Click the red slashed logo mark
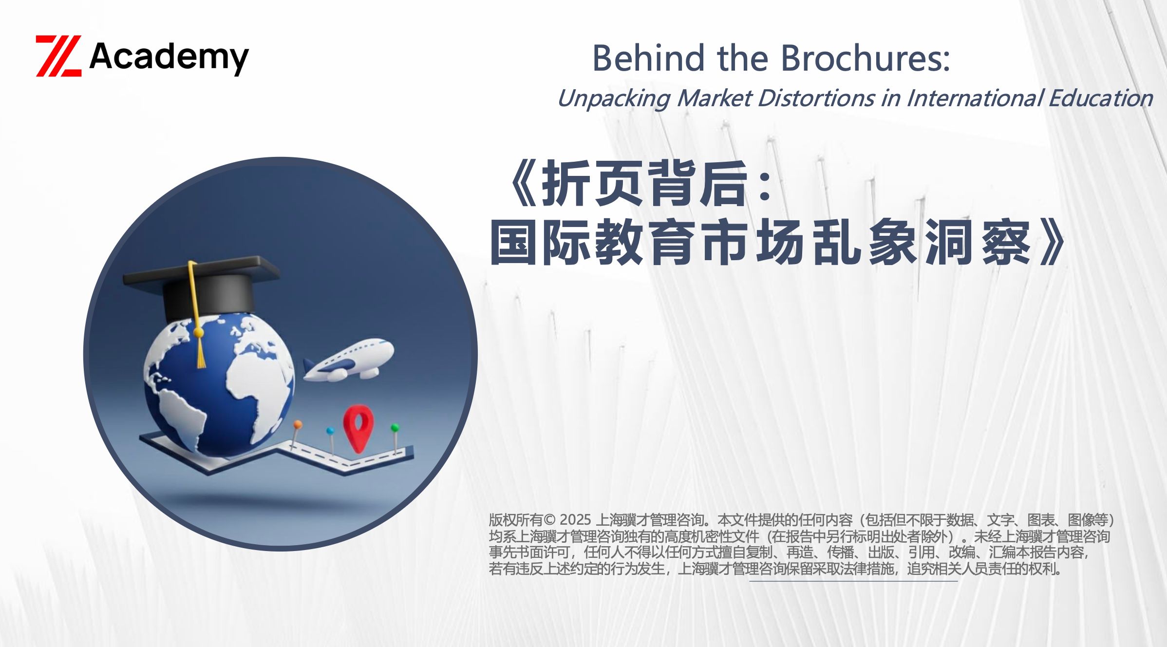(58, 56)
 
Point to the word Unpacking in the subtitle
(614, 99)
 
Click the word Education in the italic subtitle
(1101, 98)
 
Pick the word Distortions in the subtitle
(816, 98)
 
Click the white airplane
(349, 360)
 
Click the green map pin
(395, 436)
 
